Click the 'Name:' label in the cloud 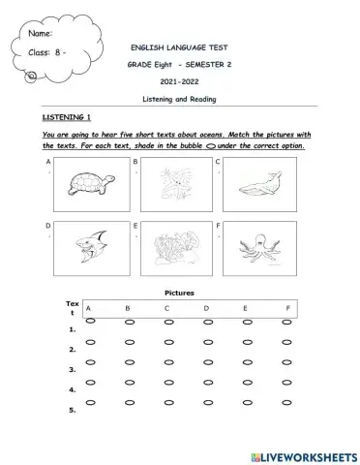click(42, 34)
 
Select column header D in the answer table click(206, 308)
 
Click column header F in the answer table click(285, 308)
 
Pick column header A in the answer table click(89, 308)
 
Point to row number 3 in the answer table click(72, 369)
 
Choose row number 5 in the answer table click(72, 410)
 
